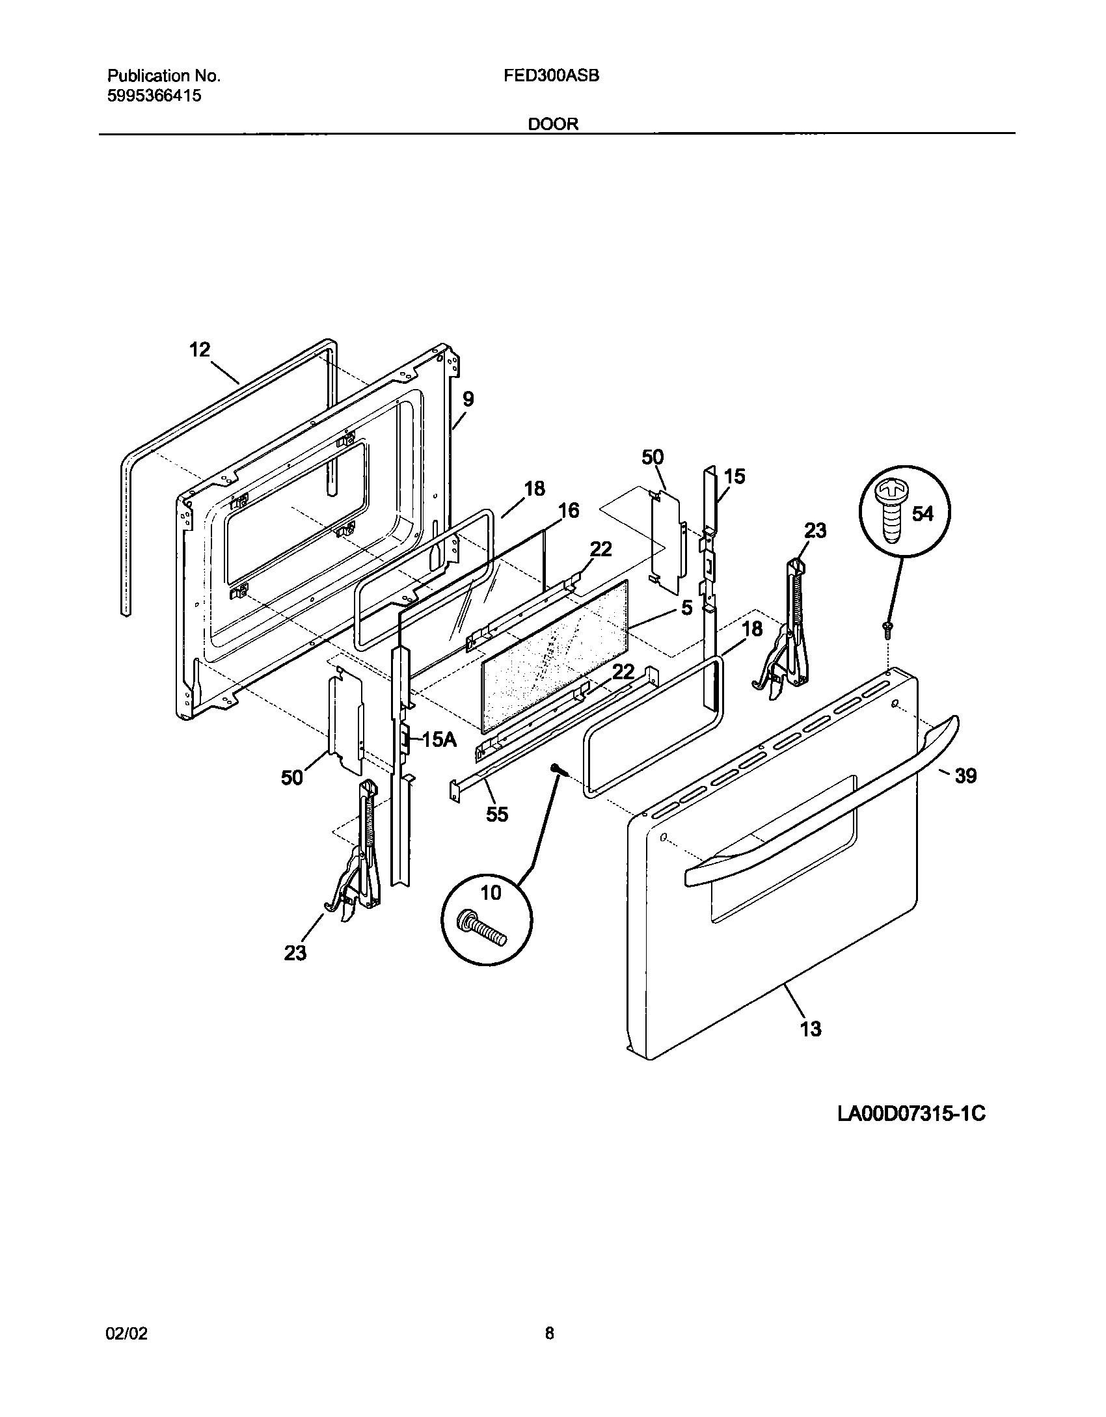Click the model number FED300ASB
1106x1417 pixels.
(551, 76)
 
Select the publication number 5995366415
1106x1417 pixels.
(154, 96)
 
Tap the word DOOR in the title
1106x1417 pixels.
(553, 124)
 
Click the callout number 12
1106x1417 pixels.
(200, 350)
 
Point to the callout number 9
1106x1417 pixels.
(468, 399)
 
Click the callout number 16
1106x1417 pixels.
(569, 511)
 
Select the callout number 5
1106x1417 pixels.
(687, 608)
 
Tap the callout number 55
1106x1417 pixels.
(497, 814)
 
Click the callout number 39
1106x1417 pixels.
(965, 776)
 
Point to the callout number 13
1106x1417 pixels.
(811, 1029)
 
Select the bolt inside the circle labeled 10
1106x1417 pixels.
(483, 928)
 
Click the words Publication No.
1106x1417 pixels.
(163, 76)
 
